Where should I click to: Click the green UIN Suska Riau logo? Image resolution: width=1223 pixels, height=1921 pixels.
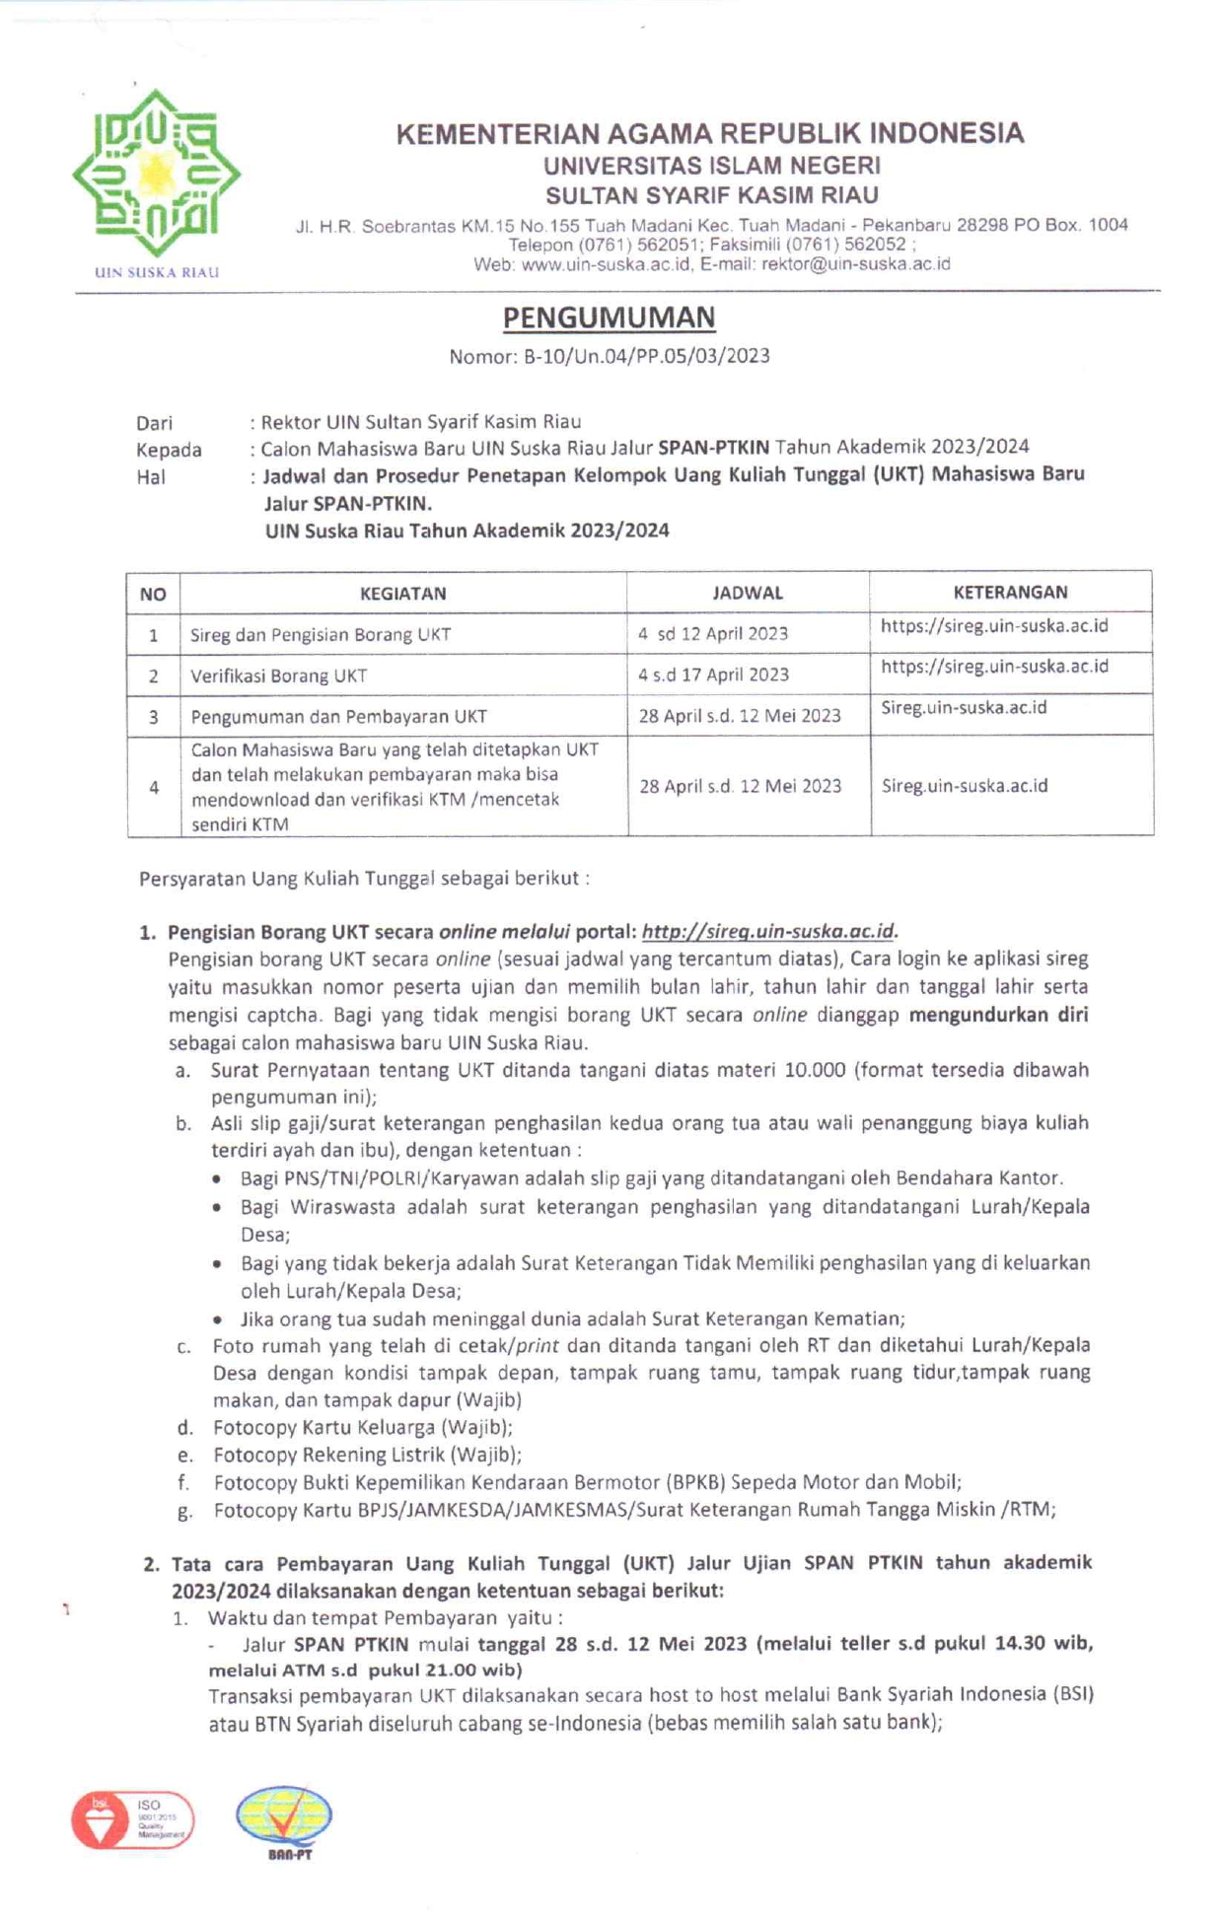[x=156, y=175]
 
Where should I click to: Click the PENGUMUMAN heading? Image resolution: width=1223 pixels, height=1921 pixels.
[x=609, y=318]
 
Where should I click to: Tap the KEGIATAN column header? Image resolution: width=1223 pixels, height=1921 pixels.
[x=402, y=594]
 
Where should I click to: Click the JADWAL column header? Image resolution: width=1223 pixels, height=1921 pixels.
[x=748, y=593]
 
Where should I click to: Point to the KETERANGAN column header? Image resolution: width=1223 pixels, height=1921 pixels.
[x=1010, y=592]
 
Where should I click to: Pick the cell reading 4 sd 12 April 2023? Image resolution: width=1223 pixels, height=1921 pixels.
[x=712, y=634]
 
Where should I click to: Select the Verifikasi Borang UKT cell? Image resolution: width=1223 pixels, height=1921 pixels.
[x=278, y=676]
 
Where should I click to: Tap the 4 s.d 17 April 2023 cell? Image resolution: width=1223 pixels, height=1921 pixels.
[x=713, y=675]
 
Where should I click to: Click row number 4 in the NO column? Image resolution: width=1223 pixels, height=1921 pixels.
[x=154, y=787]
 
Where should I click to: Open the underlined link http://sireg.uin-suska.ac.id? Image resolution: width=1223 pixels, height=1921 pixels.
[x=767, y=931]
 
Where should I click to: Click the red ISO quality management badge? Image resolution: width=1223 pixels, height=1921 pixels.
[x=132, y=1819]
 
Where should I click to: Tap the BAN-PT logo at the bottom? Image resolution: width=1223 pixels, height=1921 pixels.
[x=284, y=1821]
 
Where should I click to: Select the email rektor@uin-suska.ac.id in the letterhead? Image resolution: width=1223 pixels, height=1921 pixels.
[x=855, y=264]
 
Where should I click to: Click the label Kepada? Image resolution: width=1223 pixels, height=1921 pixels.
[x=169, y=450]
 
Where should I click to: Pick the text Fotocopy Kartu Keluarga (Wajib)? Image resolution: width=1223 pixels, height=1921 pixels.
[x=362, y=1427]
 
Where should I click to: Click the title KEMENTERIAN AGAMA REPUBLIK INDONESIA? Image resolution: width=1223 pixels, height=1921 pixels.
[x=710, y=134]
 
